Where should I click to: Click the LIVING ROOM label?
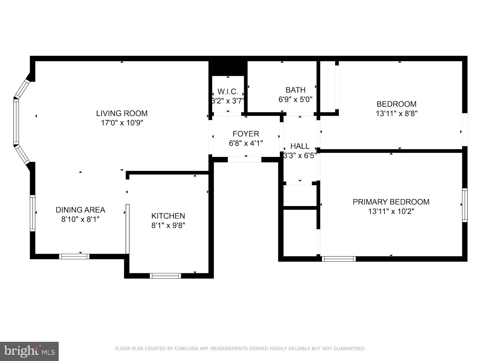(x=122, y=113)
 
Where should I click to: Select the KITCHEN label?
(x=168, y=216)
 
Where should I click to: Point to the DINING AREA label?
(x=80, y=210)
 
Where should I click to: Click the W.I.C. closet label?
(x=228, y=92)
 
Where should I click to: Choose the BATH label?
(x=295, y=90)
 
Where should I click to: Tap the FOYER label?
(x=246, y=134)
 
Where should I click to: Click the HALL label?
(x=300, y=146)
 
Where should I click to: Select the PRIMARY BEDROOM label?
(x=391, y=202)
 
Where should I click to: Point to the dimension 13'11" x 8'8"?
(x=396, y=113)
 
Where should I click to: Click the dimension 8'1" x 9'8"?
(x=168, y=226)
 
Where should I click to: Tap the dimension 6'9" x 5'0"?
(x=295, y=99)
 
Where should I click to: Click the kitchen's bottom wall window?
(x=165, y=276)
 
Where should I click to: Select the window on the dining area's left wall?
(x=32, y=213)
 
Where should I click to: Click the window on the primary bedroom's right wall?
(x=465, y=205)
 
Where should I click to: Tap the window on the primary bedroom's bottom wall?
(x=339, y=259)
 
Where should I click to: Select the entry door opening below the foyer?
(x=245, y=160)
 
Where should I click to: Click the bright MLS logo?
(x=29, y=351)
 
